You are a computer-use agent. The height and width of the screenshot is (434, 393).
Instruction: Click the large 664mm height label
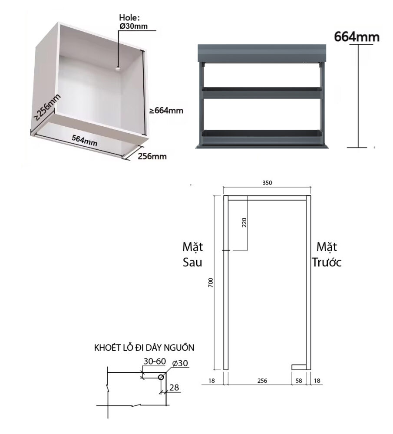click(x=357, y=37)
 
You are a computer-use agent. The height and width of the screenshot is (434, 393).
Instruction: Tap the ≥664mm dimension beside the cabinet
click(x=166, y=111)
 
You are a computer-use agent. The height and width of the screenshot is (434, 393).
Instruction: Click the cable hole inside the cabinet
click(x=118, y=68)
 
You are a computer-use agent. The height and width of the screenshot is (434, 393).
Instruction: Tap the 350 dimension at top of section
click(x=267, y=183)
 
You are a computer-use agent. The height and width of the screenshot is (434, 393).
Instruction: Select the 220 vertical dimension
click(x=244, y=223)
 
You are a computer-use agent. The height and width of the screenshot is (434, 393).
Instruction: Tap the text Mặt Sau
click(x=192, y=255)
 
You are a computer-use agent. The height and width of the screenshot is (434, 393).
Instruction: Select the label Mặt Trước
click(x=327, y=255)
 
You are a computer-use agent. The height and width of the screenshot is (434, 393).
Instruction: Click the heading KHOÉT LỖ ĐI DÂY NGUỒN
click(x=144, y=348)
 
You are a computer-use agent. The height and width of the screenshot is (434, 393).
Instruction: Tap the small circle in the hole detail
click(x=161, y=377)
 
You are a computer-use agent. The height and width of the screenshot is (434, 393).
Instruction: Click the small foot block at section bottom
click(x=299, y=367)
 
